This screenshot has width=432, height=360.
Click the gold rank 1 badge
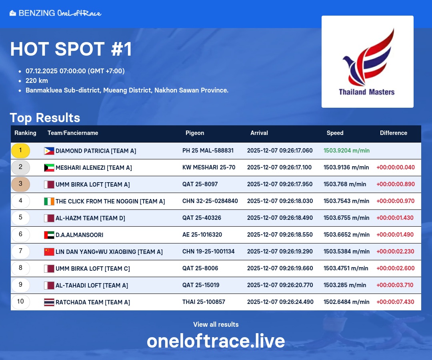coord(20,151)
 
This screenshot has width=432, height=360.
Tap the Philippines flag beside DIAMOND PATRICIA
coord(49,151)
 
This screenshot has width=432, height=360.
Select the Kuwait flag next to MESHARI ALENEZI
coord(49,168)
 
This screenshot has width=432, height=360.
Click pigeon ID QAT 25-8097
coord(200,184)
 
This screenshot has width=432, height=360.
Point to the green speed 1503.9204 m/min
coord(346,150)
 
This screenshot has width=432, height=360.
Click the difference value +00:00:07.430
coord(395,302)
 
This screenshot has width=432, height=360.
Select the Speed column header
coord(335,133)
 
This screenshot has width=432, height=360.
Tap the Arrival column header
coord(259,133)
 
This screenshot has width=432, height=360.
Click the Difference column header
coord(394,133)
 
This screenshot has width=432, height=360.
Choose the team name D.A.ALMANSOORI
coord(79,235)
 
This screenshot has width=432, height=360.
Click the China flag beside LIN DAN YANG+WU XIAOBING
coord(49,252)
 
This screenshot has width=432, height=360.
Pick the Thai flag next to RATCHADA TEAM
coord(49,302)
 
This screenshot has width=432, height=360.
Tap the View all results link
coord(216,324)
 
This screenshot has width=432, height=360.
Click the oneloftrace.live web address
coord(216,341)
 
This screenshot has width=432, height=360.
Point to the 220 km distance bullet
coord(37,80)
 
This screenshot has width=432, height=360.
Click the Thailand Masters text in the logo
coord(367,92)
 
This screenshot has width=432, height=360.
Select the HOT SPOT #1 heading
coord(71,49)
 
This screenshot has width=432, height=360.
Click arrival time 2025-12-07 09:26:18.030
coord(280,201)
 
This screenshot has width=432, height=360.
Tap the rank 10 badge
coord(20,302)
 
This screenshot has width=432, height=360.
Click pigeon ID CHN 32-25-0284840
coord(210,201)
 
